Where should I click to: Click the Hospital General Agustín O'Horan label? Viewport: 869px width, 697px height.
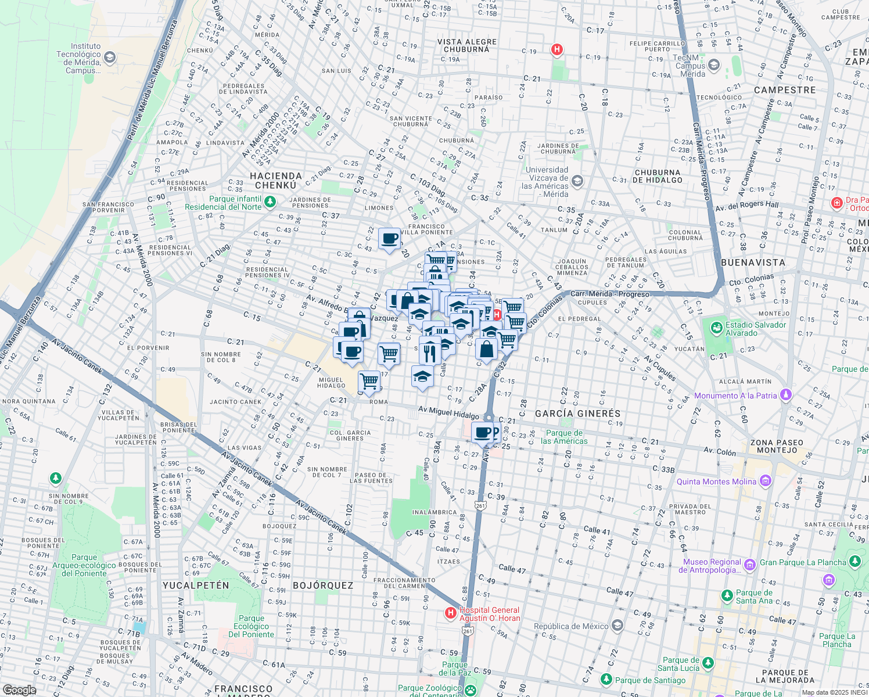pos(489,614)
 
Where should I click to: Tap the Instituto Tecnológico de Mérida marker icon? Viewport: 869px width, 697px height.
pos(110,58)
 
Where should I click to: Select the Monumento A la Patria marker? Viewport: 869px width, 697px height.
pos(786,395)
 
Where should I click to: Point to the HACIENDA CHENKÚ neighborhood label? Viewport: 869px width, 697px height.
pos(276,180)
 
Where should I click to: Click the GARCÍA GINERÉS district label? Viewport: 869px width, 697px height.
pos(577,414)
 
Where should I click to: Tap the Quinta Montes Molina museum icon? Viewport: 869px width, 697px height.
pos(766,481)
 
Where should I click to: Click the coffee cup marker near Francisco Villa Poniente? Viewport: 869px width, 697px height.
pos(389,238)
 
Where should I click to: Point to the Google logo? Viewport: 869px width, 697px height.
pos(19,690)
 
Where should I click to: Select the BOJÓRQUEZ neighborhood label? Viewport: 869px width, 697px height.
pos(323,585)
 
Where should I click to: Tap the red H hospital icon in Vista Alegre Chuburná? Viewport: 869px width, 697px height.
pos(557,50)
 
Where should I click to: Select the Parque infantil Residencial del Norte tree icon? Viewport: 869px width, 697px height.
pos(270,202)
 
